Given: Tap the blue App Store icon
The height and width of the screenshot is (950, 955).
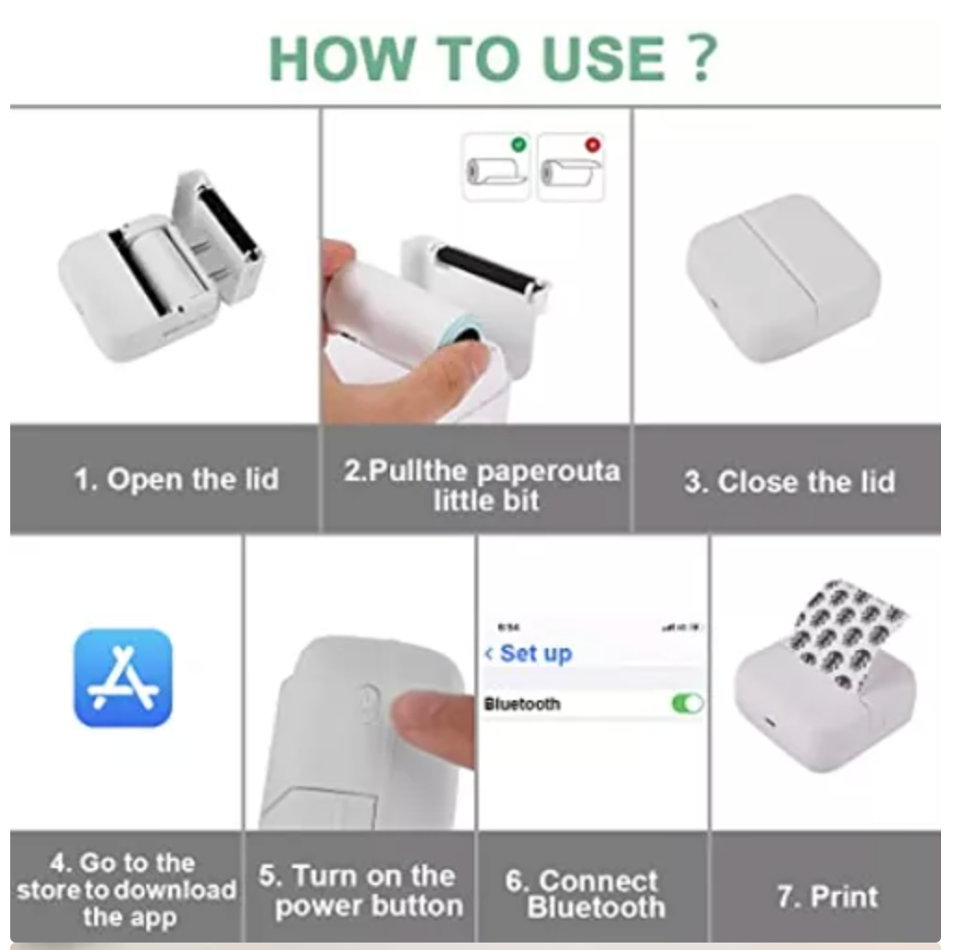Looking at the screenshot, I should [123, 677].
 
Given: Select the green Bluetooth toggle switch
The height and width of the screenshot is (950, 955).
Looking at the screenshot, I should [687, 704].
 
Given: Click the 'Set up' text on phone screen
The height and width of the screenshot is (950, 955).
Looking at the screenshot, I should [534, 654].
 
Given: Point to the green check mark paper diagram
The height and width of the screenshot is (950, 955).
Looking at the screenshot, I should [497, 168].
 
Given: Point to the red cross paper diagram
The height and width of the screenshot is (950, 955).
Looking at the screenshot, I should [571, 168].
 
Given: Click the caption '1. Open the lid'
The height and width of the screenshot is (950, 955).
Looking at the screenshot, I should [176, 481].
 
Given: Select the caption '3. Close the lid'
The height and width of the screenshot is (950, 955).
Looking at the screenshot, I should [789, 482].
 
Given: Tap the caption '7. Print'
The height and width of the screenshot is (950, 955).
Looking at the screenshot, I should [827, 897].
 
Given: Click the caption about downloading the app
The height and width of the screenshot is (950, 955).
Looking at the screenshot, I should [126, 889].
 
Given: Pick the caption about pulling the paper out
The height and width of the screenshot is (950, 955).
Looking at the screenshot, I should [481, 484].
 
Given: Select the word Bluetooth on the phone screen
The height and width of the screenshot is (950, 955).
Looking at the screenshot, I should [522, 705].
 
